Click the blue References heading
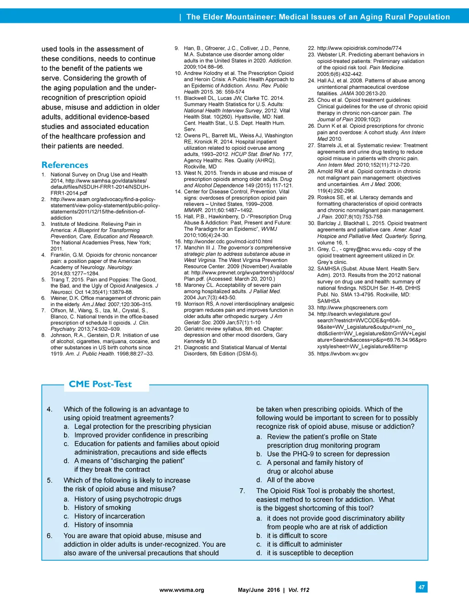tap(65, 165)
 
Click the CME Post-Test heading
tap(100, 384)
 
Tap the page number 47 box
tap(421, 587)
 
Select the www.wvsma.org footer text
tap(181, 590)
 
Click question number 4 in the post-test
tap(49, 410)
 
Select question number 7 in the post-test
tap(242, 491)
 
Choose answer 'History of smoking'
tap(102, 508)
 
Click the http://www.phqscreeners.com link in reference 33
tap(352, 308)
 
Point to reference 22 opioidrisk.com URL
tap(359, 48)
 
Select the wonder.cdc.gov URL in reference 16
tap(228, 241)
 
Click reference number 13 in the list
tap(178, 173)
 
